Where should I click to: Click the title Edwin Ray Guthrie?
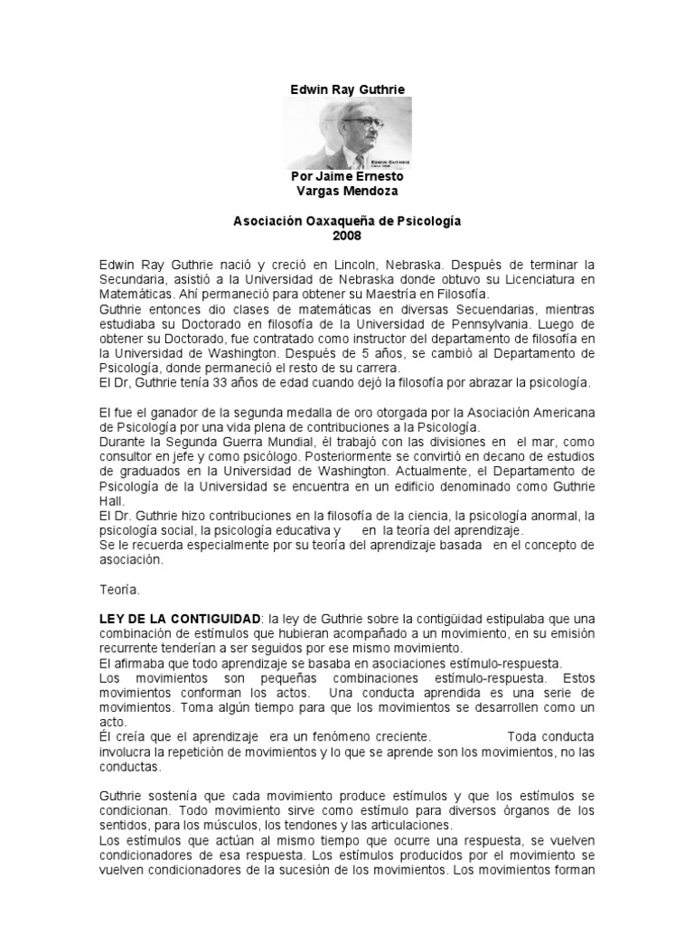pyautogui.click(x=347, y=89)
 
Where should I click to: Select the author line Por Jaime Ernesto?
pyautogui.click(x=347, y=177)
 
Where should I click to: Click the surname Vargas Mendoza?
pyautogui.click(x=347, y=191)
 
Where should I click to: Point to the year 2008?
pyautogui.click(x=347, y=236)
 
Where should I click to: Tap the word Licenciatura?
pyautogui.click(x=539, y=279)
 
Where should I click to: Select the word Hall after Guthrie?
pyautogui.click(x=111, y=500)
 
